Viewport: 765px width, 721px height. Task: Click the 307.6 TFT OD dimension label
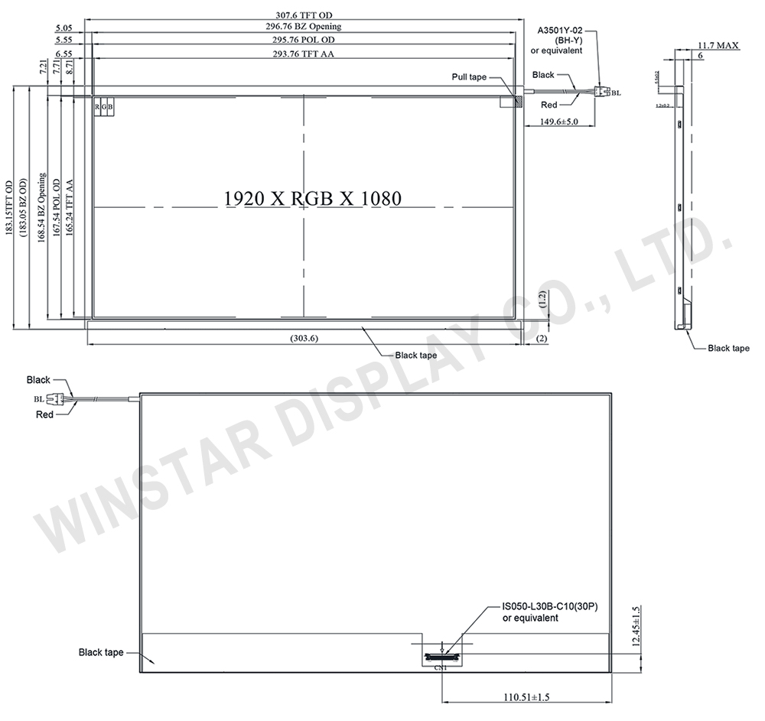pyautogui.click(x=304, y=14)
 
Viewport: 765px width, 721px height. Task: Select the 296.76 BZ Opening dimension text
pyautogui.click(x=304, y=27)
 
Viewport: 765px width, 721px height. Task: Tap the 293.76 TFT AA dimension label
pyautogui.click(x=304, y=54)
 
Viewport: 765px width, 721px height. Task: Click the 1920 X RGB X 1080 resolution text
pyautogui.click(x=312, y=197)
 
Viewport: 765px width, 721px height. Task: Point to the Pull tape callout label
pyautogui.click(x=468, y=77)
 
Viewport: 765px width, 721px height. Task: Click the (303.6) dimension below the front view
pyautogui.click(x=304, y=338)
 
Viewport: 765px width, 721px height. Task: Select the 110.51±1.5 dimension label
pyautogui.click(x=527, y=697)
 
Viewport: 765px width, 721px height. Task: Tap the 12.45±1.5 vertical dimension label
pyautogui.click(x=636, y=627)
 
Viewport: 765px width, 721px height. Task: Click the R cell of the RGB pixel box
pyautogui.click(x=97, y=107)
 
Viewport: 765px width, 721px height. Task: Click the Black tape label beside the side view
pyautogui.click(x=728, y=348)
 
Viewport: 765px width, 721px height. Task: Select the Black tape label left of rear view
pyautogui.click(x=101, y=652)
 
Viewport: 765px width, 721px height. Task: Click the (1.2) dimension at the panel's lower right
pyautogui.click(x=542, y=304)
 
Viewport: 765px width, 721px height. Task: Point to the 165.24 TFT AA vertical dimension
pyautogui.click(x=70, y=208)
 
